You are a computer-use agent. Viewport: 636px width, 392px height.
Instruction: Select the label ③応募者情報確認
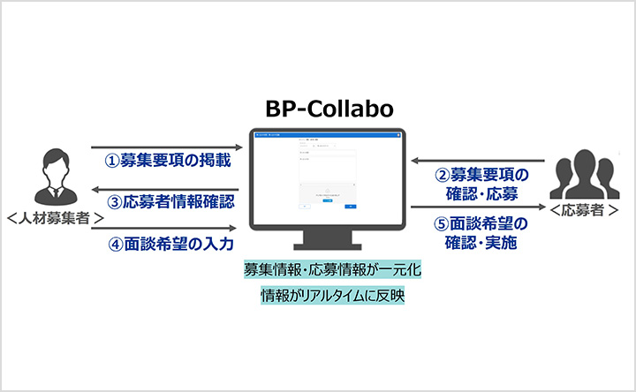point(170,201)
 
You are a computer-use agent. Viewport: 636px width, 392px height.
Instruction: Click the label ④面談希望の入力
point(170,242)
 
